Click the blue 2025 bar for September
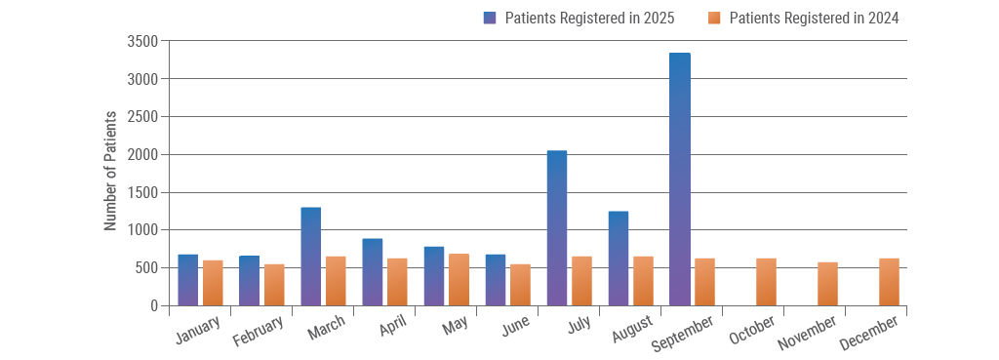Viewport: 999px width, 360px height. pos(680,180)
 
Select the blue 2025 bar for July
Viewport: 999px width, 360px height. pos(557,228)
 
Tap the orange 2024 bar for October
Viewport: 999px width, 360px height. pos(766,282)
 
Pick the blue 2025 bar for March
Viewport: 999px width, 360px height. pos(311,257)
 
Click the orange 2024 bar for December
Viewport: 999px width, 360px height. pos(889,282)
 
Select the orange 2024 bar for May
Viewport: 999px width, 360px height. pos(459,280)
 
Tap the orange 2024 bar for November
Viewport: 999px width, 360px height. pos(827,284)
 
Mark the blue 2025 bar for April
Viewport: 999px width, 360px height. pos(373,272)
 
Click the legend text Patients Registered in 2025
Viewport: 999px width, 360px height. pos(589,18)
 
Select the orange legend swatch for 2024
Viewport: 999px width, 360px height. pos(714,18)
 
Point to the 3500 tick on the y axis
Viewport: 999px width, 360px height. pos(141,41)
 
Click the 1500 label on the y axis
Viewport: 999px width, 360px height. pos(141,192)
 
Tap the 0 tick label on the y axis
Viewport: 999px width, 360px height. pos(153,305)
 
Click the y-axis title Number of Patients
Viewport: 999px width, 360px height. pos(110,172)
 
